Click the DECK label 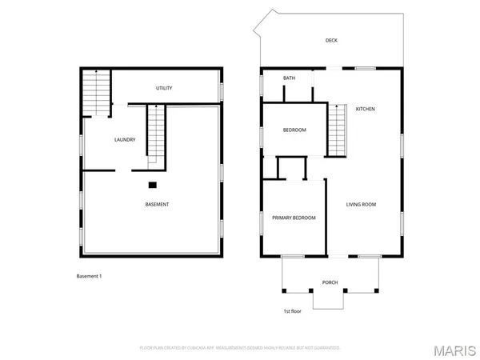tap(330, 40)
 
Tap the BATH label tap(289, 78)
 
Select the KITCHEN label tap(366, 109)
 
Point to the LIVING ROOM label tap(361, 205)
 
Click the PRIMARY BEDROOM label tap(294, 218)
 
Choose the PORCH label tap(330, 282)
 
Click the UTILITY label tap(164, 88)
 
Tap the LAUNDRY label tap(124, 140)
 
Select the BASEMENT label tap(157, 205)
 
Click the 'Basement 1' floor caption tap(89, 276)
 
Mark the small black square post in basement tap(152, 185)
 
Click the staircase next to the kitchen tap(338, 130)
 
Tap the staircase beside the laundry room tap(155, 136)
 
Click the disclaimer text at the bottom tap(240, 348)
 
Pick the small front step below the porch tap(329, 299)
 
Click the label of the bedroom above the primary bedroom tap(294, 130)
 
